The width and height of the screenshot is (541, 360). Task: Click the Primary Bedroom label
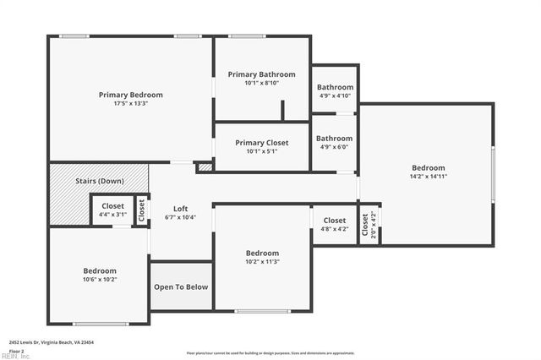click(x=130, y=95)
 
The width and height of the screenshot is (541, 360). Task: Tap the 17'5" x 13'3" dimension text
click(x=130, y=104)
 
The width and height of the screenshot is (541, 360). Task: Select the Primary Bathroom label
click(x=261, y=74)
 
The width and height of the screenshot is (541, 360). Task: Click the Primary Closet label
click(x=261, y=143)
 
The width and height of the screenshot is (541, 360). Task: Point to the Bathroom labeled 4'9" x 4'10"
click(x=335, y=87)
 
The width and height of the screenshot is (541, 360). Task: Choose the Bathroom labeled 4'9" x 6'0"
click(x=335, y=139)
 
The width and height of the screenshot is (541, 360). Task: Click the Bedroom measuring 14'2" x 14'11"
click(x=428, y=168)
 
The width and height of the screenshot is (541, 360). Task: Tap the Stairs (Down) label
click(x=100, y=182)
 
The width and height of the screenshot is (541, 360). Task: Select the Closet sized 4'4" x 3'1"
click(x=112, y=206)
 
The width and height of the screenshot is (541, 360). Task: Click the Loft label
click(x=180, y=209)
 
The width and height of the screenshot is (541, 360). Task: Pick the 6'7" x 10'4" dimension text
click(x=180, y=217)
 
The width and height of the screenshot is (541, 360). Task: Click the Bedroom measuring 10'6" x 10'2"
click(x=99, y=270)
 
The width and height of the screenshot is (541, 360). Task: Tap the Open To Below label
click(x=180, y=287)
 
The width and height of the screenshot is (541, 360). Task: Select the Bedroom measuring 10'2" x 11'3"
click(x=262, y=254)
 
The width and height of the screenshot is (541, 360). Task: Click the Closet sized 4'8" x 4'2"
click(x=335, y=220)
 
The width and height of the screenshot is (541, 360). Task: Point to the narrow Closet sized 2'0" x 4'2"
click(x=368, y=226)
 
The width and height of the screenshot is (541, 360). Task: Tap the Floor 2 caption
click(x=17, y=350)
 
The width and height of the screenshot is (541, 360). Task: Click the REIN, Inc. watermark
click(x=15, y=356)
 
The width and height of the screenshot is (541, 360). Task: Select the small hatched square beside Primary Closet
click(x=204, y=168)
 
